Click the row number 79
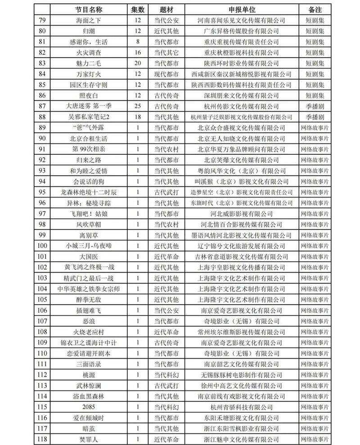click(43, 20)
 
